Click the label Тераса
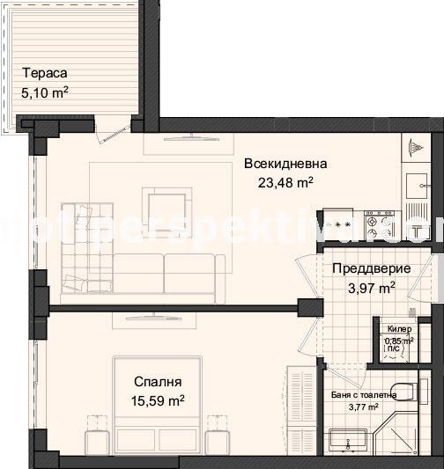tap(45, 75)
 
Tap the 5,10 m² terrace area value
tap(45, 92)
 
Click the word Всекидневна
tap(285, 164)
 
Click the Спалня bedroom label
tap(158, 382)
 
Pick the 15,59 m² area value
tap(159, 400)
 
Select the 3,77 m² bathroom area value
tap(361, 407)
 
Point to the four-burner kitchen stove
tap(378, 220)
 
